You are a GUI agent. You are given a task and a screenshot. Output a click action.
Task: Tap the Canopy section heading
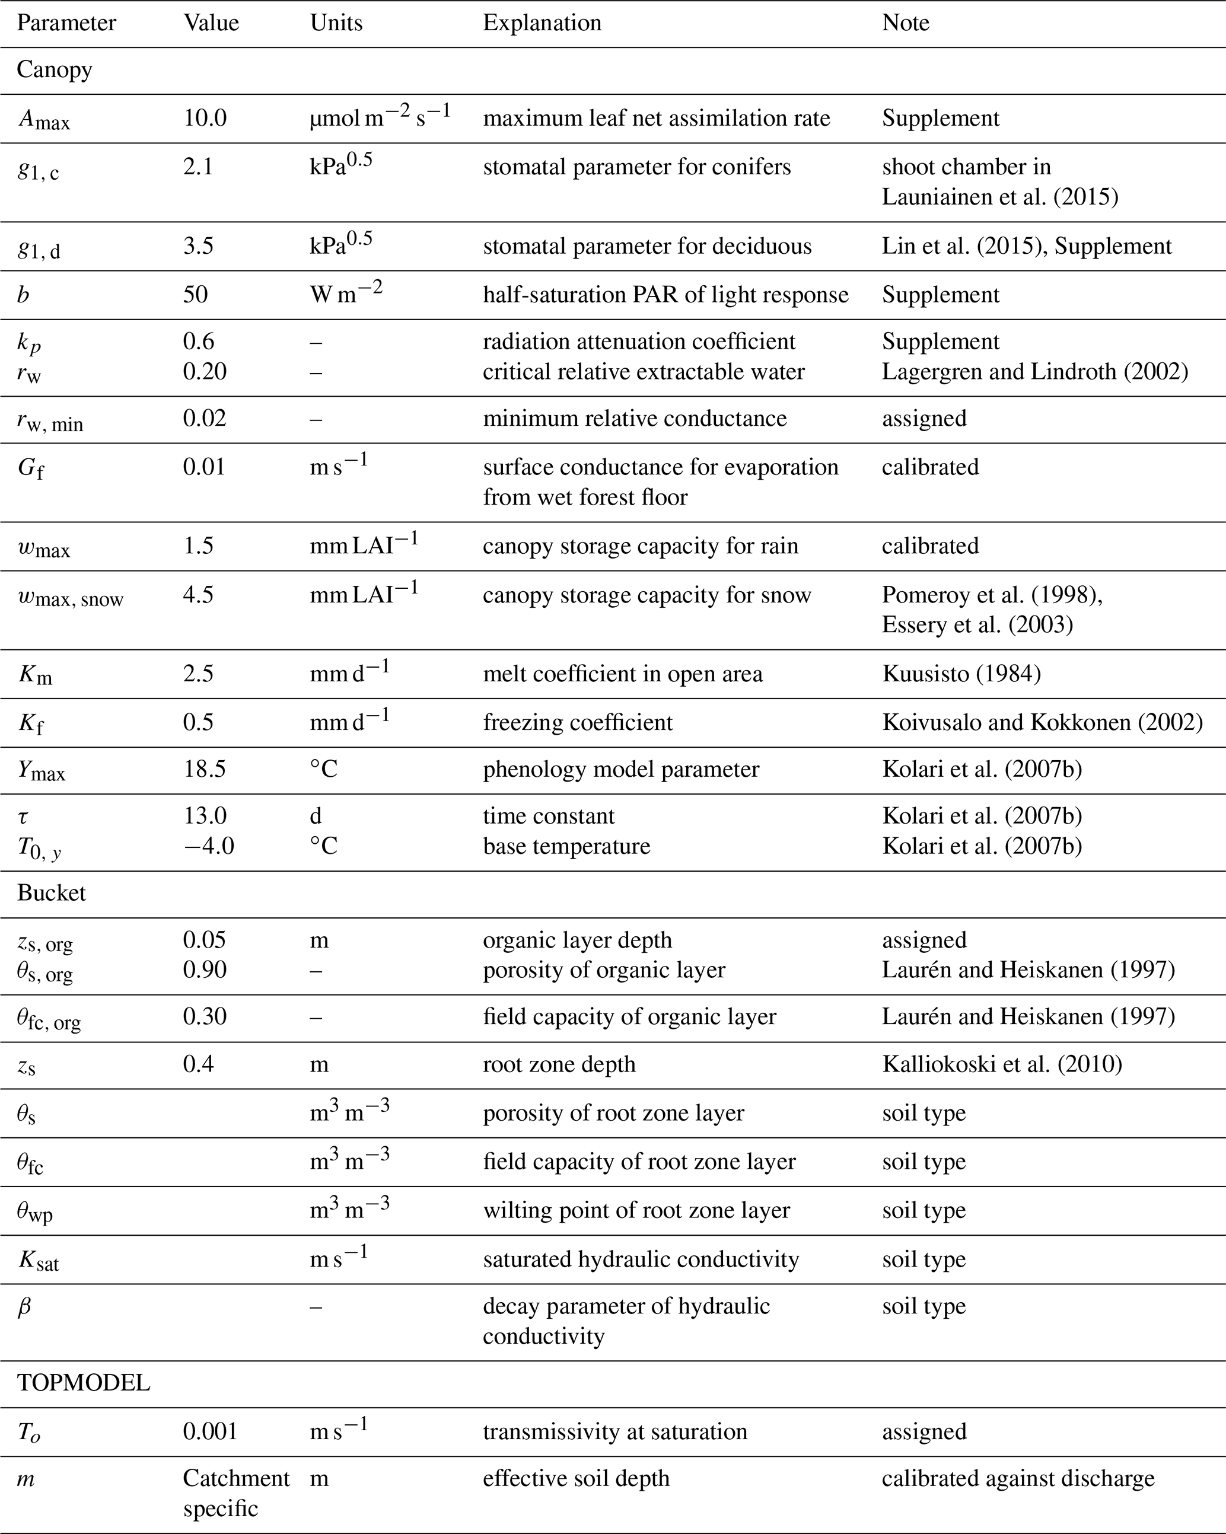(54, 70)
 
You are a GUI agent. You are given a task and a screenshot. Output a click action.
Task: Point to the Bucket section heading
(51, 893)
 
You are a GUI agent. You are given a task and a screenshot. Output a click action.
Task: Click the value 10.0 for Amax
(205, 118)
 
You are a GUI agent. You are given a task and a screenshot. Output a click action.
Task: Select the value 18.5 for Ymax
(205, 769)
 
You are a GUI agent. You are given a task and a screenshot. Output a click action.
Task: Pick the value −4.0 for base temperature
(208, 846)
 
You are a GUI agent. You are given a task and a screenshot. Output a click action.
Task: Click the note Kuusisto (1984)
(961, 674)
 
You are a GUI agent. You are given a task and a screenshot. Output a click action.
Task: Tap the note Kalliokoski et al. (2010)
(1002, 1064)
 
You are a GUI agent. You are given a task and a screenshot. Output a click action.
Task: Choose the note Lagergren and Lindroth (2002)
(1034, 371)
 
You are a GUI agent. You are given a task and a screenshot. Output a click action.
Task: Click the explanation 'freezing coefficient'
(577, 722)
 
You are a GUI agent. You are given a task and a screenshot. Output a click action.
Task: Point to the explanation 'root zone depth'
(559, 1064)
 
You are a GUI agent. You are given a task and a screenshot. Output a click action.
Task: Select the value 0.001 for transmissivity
(210, 1431)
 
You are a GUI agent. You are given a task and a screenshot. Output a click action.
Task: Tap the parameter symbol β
(24, 1306)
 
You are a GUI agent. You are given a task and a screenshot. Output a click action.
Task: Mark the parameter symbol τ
(24, 816)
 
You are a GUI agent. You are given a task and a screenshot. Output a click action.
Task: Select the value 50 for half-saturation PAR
(195, 295)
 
